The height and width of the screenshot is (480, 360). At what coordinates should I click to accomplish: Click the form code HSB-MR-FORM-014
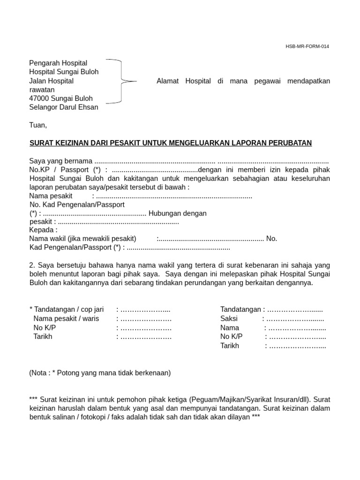tap(307, 46)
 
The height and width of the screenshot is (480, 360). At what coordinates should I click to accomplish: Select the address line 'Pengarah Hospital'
tap(58, 63)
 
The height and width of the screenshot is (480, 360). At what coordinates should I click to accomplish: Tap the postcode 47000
tap(38, 98)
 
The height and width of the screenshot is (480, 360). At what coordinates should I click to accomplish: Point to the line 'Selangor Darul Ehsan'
tap(64, 107)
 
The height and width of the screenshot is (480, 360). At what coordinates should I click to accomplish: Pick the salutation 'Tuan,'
tap(38, 125)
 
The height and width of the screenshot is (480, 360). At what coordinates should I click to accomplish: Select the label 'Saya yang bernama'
tap(60, 161)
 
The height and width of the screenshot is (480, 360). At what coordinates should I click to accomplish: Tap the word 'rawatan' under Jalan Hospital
tap(42, 90)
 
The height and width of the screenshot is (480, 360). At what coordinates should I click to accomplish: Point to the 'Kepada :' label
tap(43, 230)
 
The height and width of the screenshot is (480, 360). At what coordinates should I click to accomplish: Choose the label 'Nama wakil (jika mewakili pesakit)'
tap(82, 239)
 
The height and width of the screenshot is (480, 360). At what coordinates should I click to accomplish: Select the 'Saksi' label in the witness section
tap(229, 319)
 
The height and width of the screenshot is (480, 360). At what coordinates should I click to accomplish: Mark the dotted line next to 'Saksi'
tap(295, 319)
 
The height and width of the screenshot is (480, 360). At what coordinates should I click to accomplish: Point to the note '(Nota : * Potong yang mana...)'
tap(100, 373)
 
